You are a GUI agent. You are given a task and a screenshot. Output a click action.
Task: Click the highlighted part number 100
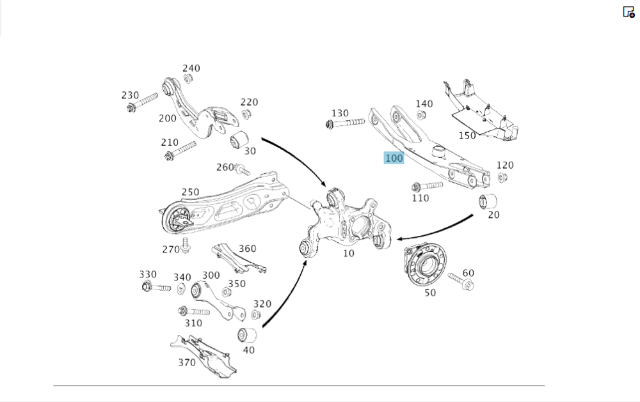[x=394, y=158]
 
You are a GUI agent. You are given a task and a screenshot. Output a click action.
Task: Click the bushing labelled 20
[x=489, y=201]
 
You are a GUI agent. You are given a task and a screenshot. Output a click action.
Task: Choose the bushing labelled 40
[x=247, y=334]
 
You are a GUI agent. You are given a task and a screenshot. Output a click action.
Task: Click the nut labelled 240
[x=188, y=79]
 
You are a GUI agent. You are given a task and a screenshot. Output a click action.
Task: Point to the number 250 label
[x=190, y=192]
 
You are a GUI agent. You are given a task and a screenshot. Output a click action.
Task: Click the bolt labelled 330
[x=155, y=287]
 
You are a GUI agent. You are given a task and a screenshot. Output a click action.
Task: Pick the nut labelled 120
[x=502, y=178]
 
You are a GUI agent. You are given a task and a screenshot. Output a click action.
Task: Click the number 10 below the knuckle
[x=348, y=253]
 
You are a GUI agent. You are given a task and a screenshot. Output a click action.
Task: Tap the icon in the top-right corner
[x=628, y=12]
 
